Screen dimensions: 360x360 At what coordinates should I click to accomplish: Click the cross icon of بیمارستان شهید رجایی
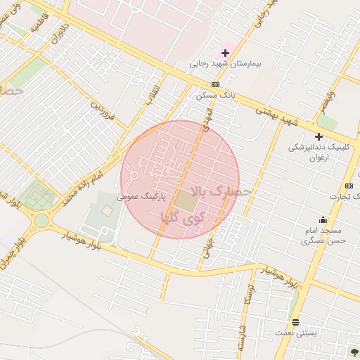[226, 53]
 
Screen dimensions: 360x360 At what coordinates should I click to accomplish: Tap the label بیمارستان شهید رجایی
[225, 63]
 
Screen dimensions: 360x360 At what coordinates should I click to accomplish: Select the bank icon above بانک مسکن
[205, 84]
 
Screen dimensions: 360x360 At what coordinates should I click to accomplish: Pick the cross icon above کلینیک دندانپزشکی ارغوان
[319, 136]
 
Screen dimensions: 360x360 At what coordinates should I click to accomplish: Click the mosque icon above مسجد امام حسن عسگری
[323, 219]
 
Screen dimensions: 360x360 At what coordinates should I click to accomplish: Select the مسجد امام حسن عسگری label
[323, 236]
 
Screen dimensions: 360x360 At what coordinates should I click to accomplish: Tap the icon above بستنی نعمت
[296, 322]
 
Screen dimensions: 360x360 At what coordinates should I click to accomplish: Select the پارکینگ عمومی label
[143, 199]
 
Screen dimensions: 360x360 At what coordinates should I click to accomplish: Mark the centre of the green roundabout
[41, 221]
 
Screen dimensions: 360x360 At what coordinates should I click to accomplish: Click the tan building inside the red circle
[187, 202]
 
